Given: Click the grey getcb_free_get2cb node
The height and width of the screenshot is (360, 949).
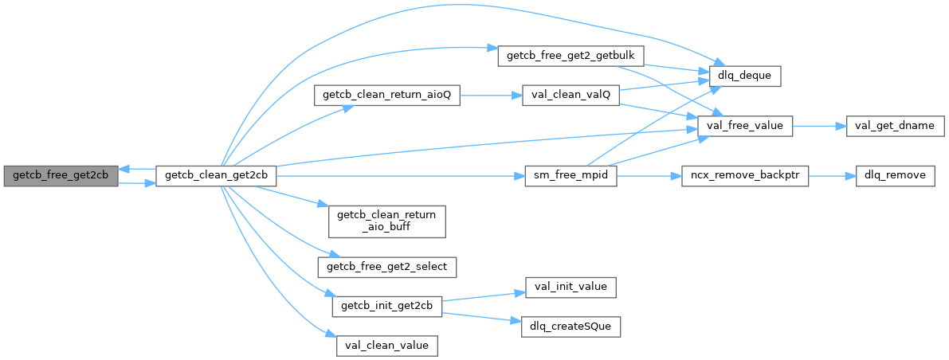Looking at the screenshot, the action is pyautogui.click(x=61, y=175).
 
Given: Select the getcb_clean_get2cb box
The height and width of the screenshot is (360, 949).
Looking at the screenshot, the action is pyautogui.click(x=216, y=175).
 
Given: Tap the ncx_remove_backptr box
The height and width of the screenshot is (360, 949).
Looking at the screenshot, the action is pyautogui.click(x=745, y=175).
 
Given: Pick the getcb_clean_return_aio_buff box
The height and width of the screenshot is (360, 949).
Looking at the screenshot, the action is pyautogui.click(x=386, y=221).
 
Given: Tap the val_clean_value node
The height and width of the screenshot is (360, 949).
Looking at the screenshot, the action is pyautogui.click(x=386, y=346).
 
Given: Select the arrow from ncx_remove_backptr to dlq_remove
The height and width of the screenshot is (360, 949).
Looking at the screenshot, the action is pyautogui.click(x=832, y=175).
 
